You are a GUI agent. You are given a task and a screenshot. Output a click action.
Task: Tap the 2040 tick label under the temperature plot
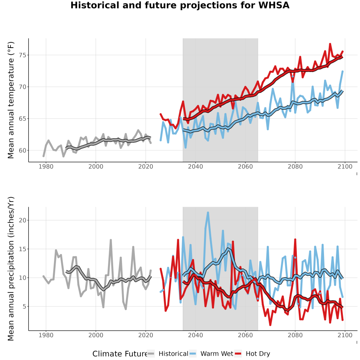point(195,166)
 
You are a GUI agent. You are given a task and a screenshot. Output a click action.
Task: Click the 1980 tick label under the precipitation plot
point(46,335)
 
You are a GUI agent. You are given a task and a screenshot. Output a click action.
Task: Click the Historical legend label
point(173,354)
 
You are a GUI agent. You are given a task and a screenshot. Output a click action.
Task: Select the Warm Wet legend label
point(217,354)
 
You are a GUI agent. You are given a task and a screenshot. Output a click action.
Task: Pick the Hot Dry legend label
point(258,354)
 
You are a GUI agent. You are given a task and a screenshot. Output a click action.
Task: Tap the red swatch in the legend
point(238,354)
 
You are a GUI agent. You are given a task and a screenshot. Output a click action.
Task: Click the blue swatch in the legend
point(193,354)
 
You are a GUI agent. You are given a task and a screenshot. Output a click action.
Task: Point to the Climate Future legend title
point(120,354)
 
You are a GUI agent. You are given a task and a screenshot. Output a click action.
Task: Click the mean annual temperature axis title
point(11,100)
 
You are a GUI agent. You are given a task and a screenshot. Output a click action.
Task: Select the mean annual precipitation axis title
point(11,269)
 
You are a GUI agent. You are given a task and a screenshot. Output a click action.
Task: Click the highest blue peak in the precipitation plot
point(208,213)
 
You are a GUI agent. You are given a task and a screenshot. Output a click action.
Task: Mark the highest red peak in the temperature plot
point(330,44)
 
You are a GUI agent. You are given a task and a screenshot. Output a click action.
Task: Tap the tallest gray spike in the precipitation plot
point(111,240)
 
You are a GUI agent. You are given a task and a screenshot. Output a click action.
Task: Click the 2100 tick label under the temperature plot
point(345,166)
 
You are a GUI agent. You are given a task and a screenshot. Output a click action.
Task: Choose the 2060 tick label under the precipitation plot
point(245,335)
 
